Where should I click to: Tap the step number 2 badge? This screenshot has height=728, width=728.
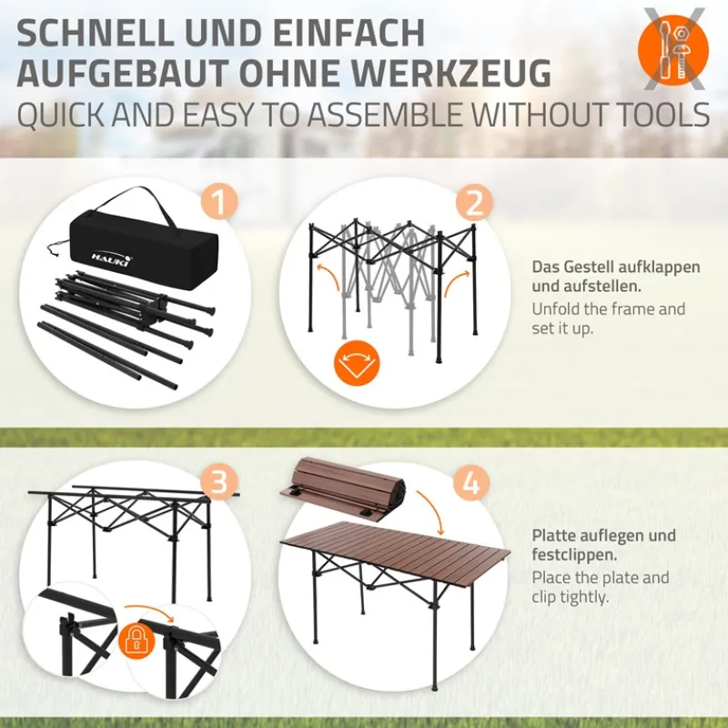(473, 202)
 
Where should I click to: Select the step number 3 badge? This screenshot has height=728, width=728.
(217, 482)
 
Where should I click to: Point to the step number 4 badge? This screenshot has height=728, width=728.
(470, 482)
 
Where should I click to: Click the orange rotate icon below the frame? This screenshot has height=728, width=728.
(357, 363)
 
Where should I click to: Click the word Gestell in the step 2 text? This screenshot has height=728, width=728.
(591, 268)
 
